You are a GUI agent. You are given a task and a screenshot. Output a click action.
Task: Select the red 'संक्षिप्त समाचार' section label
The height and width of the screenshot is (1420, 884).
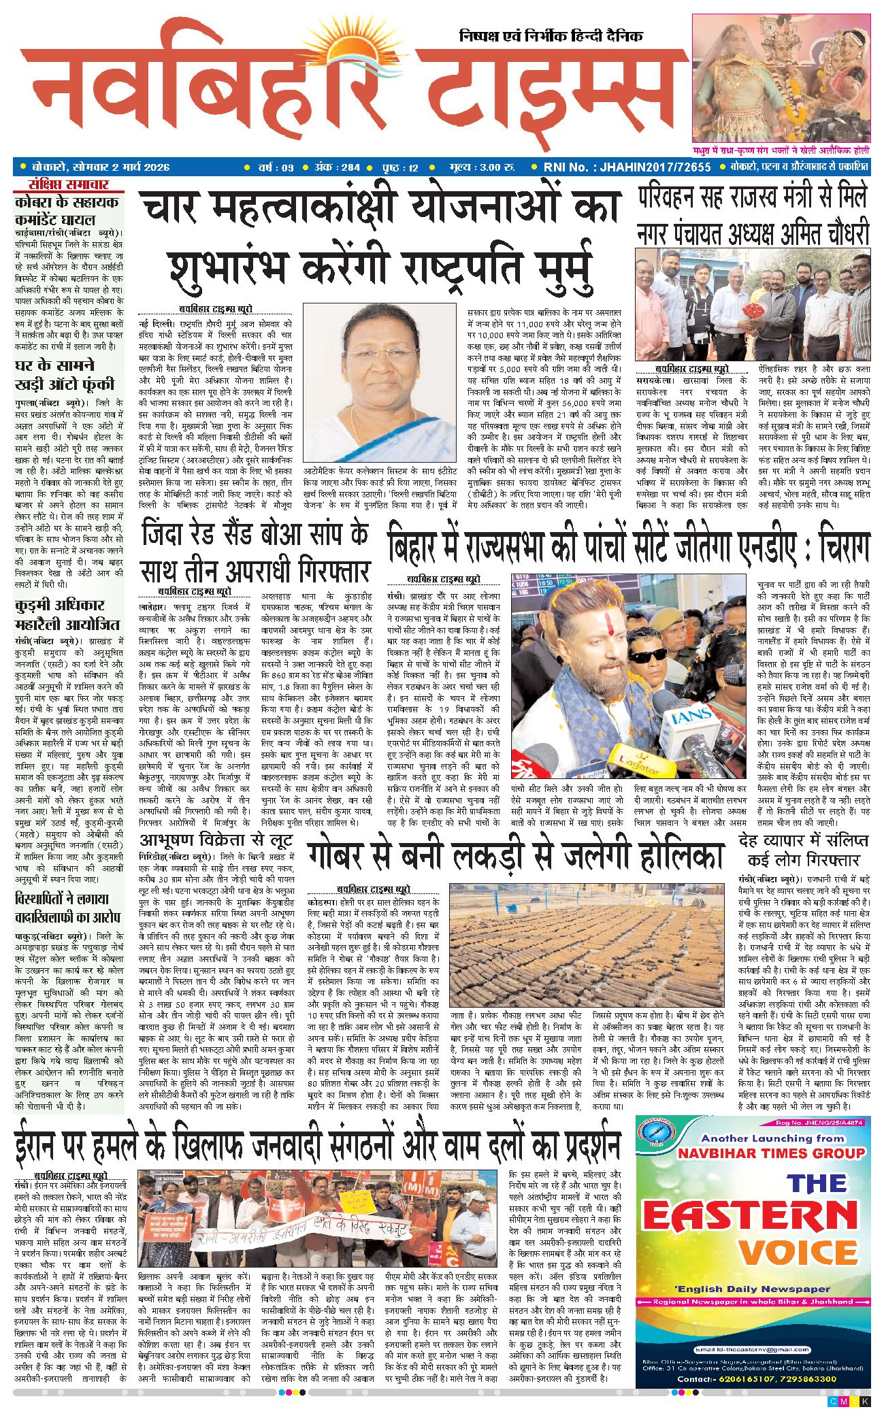coord(68,184)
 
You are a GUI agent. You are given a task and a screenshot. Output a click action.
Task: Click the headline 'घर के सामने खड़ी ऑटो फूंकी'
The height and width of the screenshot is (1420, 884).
coord(65,375)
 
